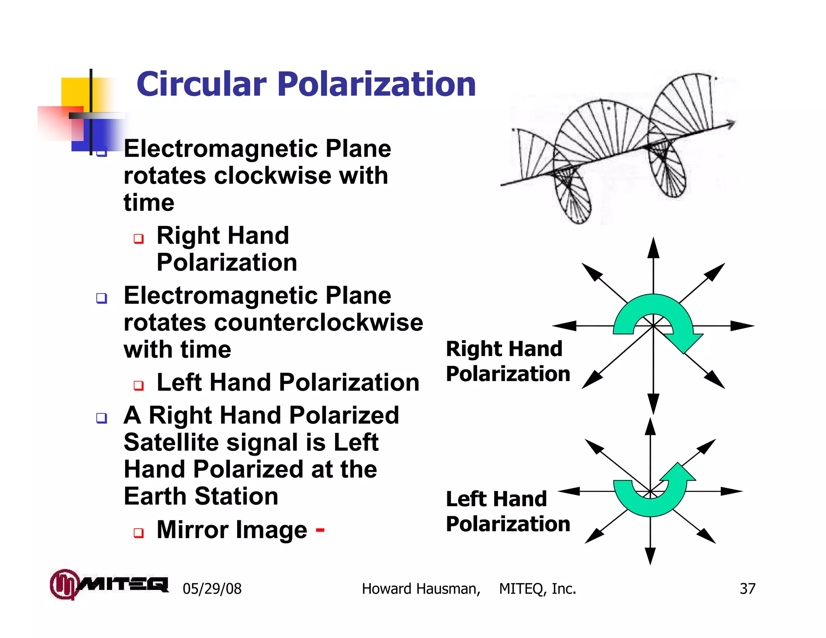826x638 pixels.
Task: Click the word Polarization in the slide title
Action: coord(377,84)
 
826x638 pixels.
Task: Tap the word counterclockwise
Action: coord(319,323)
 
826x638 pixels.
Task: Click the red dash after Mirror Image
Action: coord(320,529)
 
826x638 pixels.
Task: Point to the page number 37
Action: coord(747,588)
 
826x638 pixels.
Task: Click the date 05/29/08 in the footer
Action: coord(212,589)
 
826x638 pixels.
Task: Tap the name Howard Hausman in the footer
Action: coord(421,589)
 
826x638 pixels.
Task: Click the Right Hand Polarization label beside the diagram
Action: coord(507,361)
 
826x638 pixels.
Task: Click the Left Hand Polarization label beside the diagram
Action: coord(507,511)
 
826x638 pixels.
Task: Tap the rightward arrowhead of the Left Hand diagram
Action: coord(732,491)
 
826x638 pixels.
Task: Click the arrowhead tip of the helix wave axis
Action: coord(732,123)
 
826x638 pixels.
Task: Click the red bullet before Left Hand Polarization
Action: coord(139,385)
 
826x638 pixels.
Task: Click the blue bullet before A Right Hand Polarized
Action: coord(102,418)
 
